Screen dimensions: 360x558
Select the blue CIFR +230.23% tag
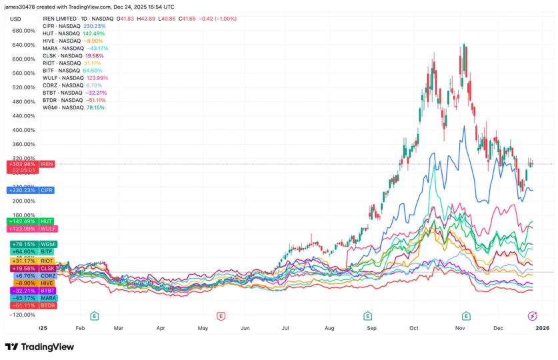tap(31, 190)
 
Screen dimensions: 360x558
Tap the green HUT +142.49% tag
tap(31, 221)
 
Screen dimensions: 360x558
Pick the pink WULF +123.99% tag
tap(31, 229)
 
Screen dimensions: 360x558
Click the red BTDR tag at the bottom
tap(31, 305)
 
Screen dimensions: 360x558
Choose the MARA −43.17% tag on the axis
tap(31, 298)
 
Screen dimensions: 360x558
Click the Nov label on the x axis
tap(460, 329)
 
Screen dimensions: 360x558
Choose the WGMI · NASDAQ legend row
tap(64, 107)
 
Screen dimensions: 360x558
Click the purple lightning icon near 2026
tap(533, 315)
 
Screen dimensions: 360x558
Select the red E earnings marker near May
tap(221, 315)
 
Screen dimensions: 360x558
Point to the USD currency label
tap(15, 19)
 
